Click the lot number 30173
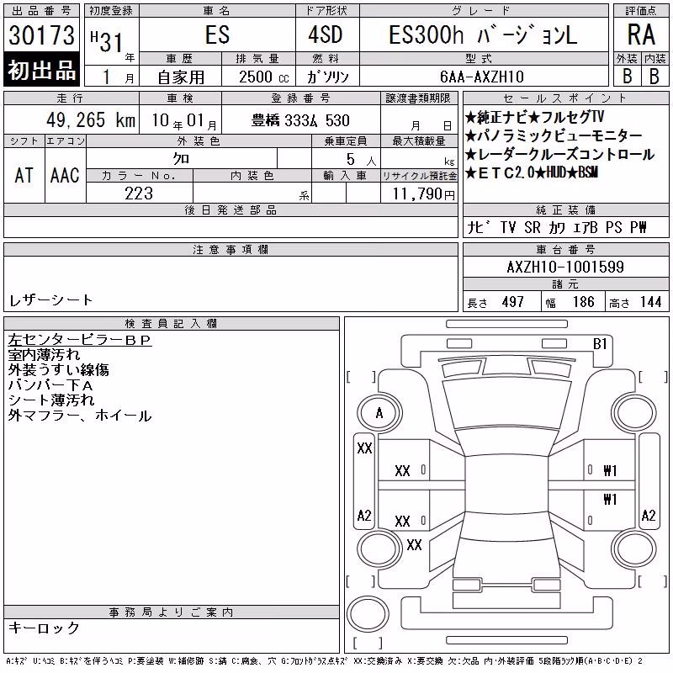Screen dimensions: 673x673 [41, 35]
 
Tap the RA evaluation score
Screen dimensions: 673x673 [641, 34]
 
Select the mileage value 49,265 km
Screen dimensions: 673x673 [91, 120]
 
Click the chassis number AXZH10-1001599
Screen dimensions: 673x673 [565, 267]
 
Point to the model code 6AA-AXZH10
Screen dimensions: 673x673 [482, 77]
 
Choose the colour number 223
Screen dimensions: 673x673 [139, 193]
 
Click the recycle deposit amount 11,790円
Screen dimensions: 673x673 [424, 194]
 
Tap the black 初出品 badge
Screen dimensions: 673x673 [41, 70]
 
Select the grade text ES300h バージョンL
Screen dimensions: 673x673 [483, 34]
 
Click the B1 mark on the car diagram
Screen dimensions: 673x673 [600, 344]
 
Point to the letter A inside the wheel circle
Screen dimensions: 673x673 [379, 413]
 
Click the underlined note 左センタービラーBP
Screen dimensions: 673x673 [79, 340]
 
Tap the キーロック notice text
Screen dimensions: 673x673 [45, 628]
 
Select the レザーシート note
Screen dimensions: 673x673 [50, 300]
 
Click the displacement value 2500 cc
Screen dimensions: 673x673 [264, 77]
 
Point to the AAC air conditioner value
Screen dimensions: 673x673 [65, 176]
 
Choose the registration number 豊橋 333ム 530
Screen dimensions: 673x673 [300, 120]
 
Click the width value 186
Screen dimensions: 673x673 [584, 302]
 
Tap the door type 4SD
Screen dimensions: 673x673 [326, 34]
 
